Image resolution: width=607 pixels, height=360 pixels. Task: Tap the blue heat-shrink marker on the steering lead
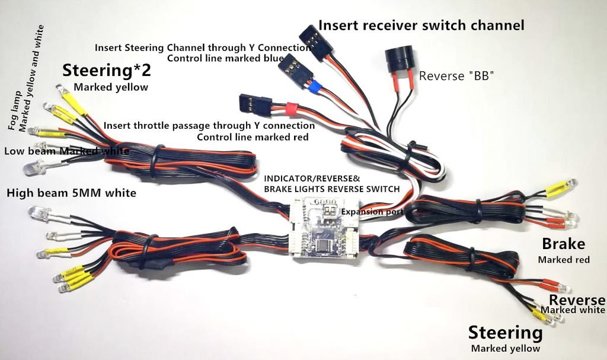(x=315, y=88)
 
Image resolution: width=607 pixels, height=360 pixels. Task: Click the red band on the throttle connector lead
(x=292, y=109)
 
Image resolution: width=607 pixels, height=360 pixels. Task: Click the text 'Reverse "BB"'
(x=456, y=76)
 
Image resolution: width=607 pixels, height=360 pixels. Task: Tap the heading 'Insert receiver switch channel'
(x=421, y=26)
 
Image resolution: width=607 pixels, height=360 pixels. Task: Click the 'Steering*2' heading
(x=107, y=71)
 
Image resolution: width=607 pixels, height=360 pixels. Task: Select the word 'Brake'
(x=563, y=244)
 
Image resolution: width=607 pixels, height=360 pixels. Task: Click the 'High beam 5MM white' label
(x=71, y=193)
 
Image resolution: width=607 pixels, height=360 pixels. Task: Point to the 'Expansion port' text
(x=372, y=212)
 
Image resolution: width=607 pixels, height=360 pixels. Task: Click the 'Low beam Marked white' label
(x=66, y=151)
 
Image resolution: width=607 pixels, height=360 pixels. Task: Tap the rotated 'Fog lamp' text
(x=15, y=111)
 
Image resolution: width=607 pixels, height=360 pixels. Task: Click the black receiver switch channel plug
(x=315, y=42)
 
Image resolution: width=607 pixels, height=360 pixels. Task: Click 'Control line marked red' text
(x=253, y=137)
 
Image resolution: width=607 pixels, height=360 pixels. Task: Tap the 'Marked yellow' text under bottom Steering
(x=505, y=348)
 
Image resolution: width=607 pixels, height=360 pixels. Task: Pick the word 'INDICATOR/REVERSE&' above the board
(x=312, y=179)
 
